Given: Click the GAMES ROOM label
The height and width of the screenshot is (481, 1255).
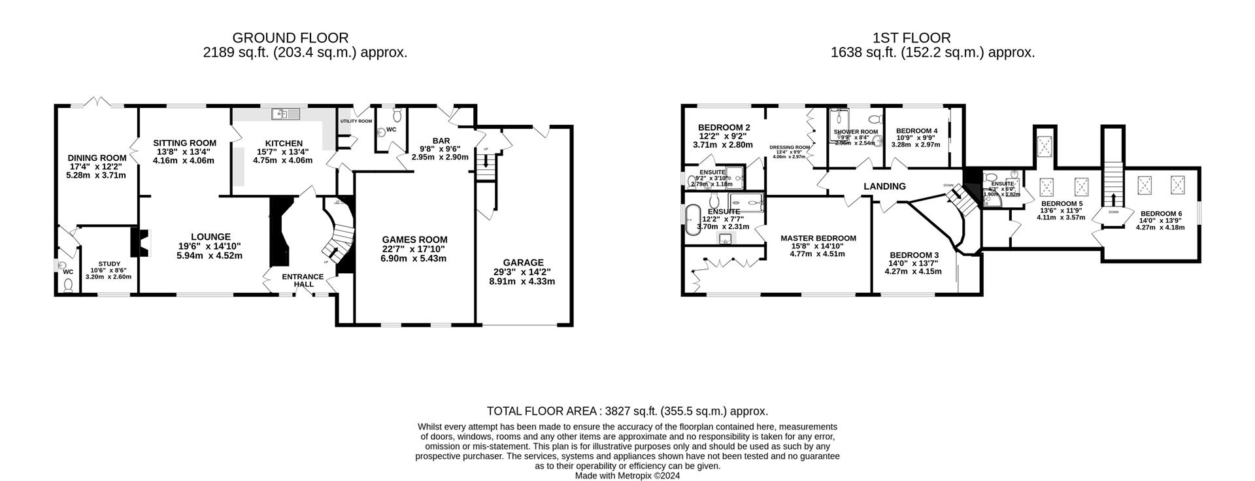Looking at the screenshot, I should [414, 240].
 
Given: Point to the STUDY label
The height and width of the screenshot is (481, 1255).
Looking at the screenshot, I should [109, 263].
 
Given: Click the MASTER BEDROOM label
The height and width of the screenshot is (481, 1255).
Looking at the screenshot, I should [818, 238].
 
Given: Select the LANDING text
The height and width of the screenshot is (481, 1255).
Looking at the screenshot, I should [884, 186].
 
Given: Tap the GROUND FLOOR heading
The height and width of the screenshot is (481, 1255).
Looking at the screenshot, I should [290, 38].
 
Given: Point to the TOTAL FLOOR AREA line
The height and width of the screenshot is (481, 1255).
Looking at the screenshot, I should [627, 411].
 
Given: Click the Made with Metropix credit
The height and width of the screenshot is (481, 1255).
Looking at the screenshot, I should [627, 476].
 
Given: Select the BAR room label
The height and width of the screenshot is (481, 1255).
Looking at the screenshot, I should [441, 141].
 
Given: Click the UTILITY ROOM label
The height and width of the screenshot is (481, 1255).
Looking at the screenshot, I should [356, 122].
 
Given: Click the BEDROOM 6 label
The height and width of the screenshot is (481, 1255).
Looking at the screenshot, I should [1161, 214].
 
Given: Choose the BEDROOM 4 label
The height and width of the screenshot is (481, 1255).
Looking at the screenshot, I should [916, 131].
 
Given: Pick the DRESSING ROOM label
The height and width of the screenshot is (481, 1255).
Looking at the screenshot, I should [790, 148].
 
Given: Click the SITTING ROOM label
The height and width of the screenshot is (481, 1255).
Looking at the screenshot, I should [184, 143].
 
